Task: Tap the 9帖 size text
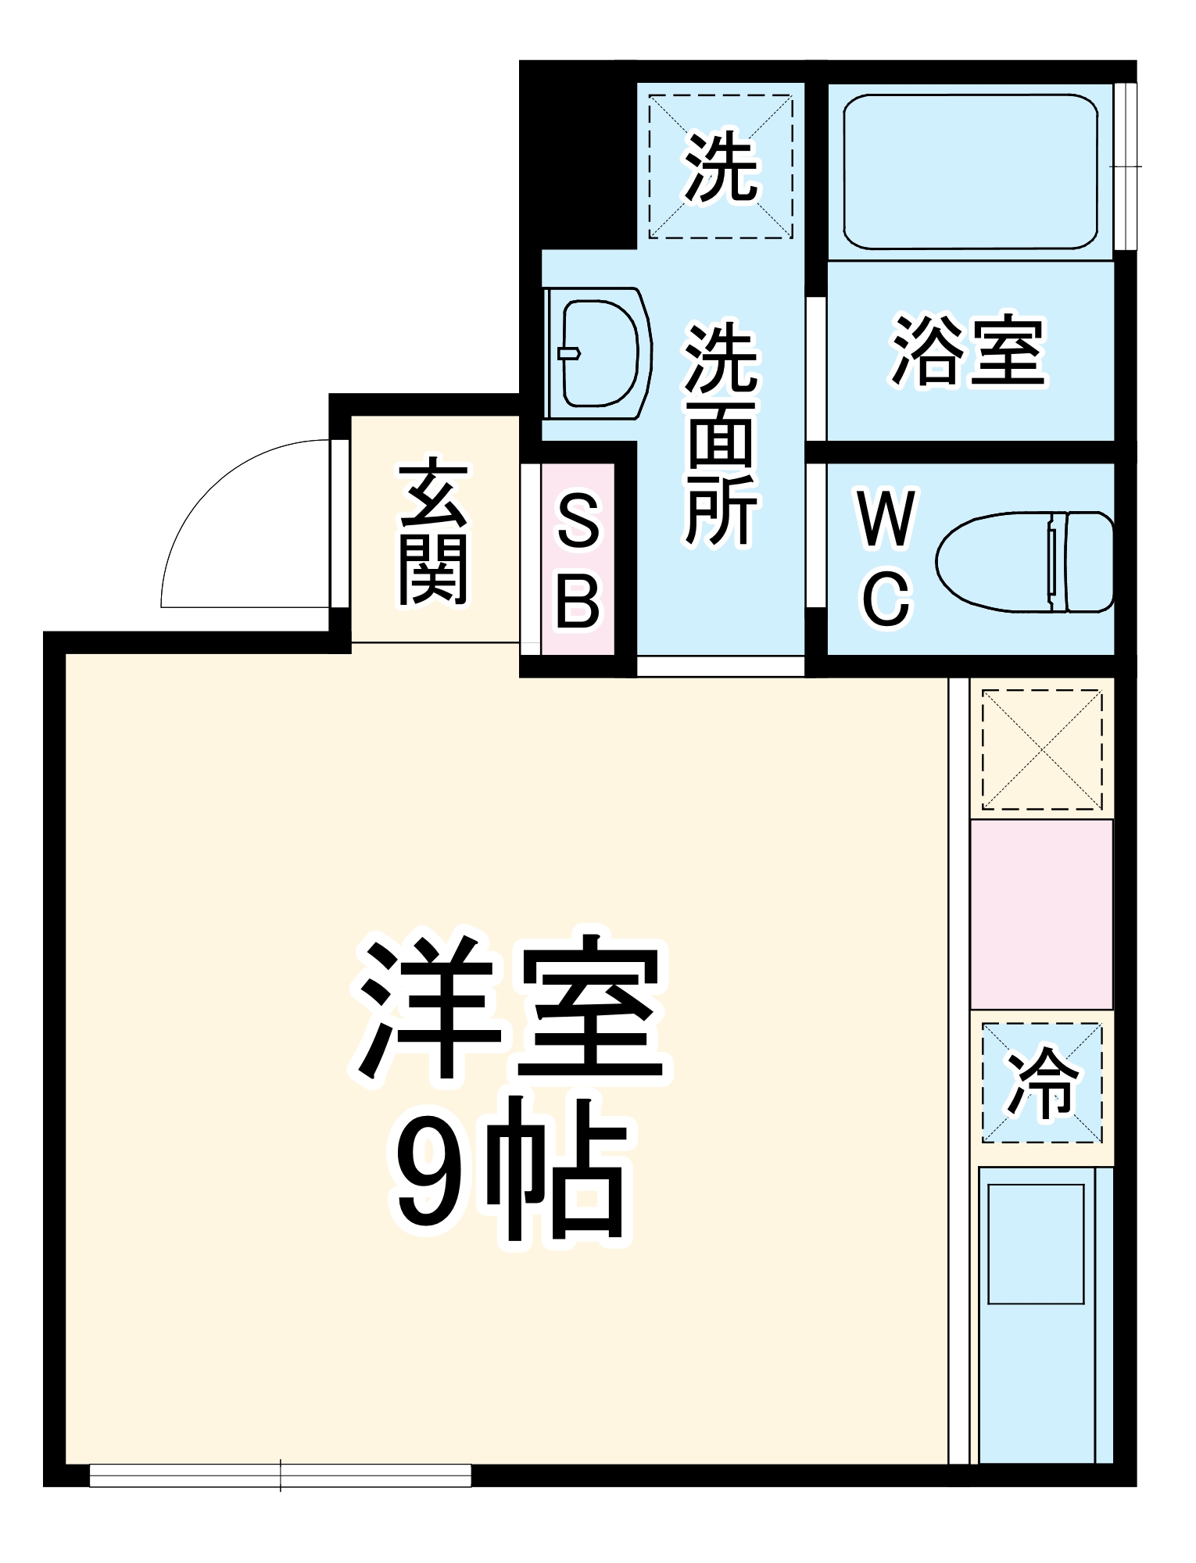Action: coord(510,1172)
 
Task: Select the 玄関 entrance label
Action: coord(432,534)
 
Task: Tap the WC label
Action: coord(886,557)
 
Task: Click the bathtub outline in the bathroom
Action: coord(970,172)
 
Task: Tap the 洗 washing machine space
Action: coord(720,166)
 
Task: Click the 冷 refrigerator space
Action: coord(1041,1083)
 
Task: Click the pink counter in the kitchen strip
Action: coord(1041,914)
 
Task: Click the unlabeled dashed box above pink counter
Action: coord(1041,749)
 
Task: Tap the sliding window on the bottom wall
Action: coord(280,1475)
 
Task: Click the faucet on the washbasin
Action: coord(569,353)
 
